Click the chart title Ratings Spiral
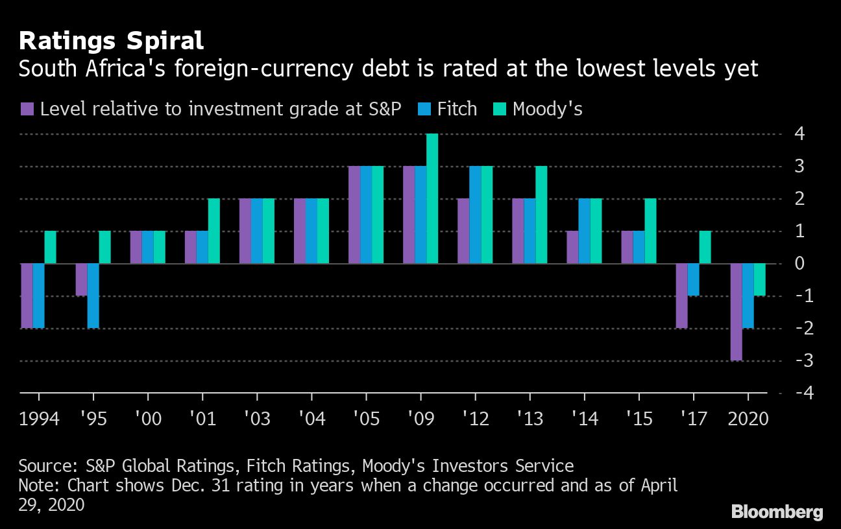(x=111, y=41)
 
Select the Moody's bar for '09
(x=432, y=198)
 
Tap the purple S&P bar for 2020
(x=736, y=312)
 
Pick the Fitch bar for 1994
(x=38, y=296)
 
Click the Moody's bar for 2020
(x=759, y=279)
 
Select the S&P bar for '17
(x=681, y=296)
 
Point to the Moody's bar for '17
(x=705, y=247)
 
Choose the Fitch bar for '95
(x=93, y=296)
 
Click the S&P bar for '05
(x=354, y=215)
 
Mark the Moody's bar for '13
(x=541, y=215)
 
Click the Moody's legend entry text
(x=547, y=109)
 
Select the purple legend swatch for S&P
(x=27, y=109)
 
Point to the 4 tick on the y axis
(x=799, y=134)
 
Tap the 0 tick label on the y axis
(x=799, y=263)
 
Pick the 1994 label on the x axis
(x=39, y=419)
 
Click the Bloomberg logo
(x=777, y=511)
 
